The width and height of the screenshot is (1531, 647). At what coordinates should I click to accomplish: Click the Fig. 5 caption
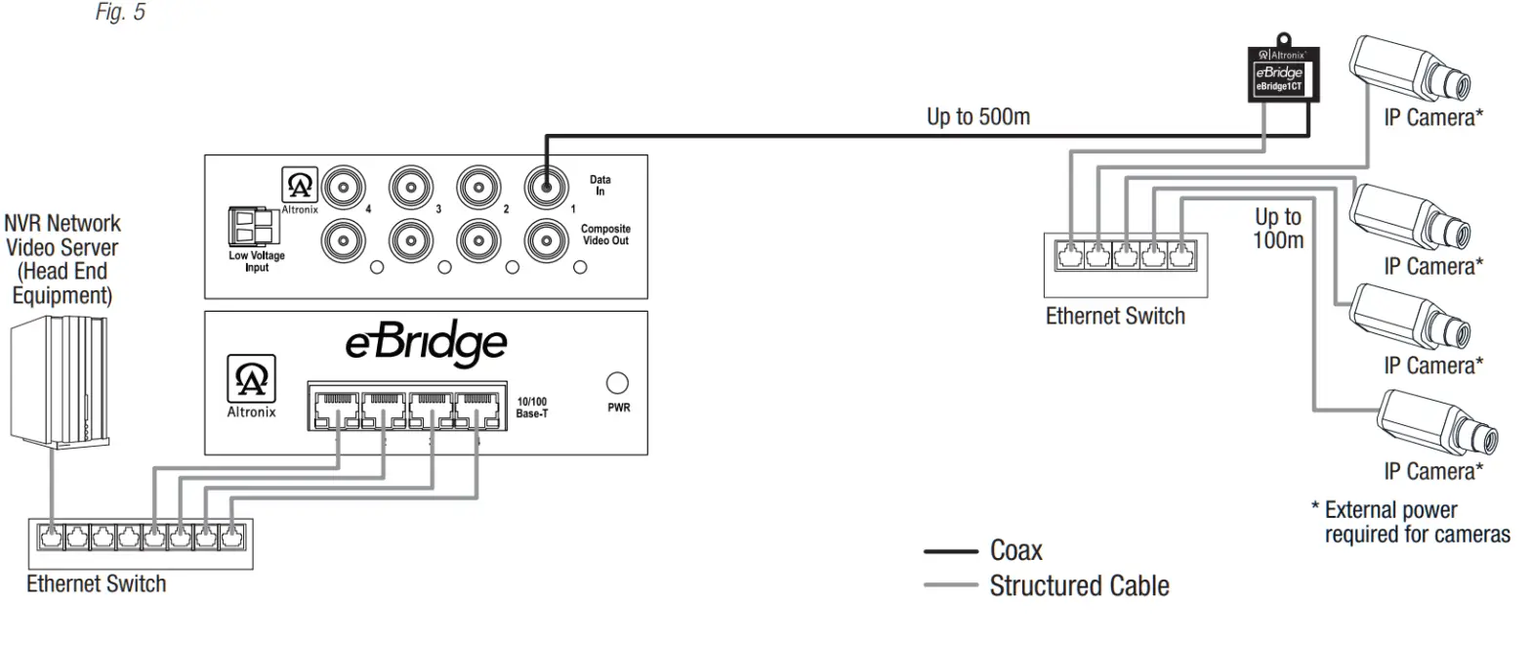click(x=120, y=13)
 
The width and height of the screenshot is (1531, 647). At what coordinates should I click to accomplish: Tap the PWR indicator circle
click(x=617, y=382)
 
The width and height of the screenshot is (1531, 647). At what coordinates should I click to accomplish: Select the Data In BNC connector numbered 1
click(x=545, y=184)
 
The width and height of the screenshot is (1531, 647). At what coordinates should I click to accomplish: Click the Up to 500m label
click(x=977, y=117)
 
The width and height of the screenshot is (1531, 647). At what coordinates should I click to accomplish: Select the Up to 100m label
click(x=1278, y=228)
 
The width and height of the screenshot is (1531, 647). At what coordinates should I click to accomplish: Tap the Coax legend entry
click(x=1015, y=550)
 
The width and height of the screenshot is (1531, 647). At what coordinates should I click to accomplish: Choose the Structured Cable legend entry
click(x=1078, y=586)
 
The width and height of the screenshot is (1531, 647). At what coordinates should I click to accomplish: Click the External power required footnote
click(x=1411, y=522)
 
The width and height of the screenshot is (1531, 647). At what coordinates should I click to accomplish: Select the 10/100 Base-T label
click(x=533, y=408)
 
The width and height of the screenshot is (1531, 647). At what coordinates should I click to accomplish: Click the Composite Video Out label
click(x=606, y=235)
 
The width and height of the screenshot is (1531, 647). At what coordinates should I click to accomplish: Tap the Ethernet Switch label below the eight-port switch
click(x=96, y=584)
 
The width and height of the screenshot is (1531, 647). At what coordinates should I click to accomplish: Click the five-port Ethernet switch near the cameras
click(x=1125, y=264)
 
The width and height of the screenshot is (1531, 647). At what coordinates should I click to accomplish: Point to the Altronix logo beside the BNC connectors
click(x=299, y=188)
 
